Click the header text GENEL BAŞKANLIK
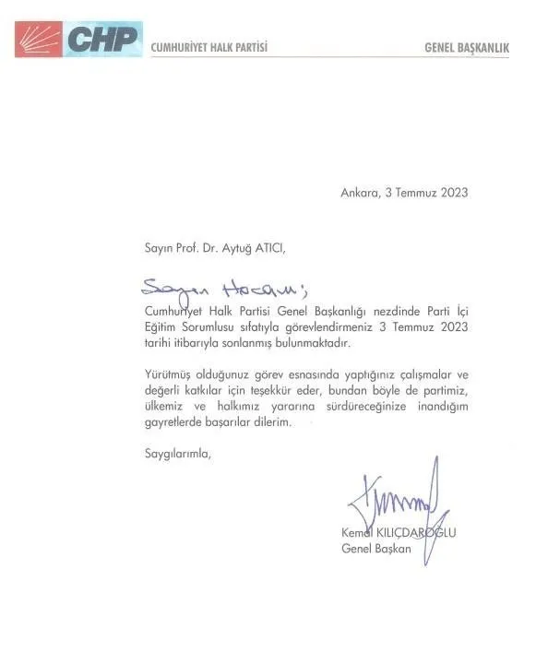pyautogui.click(x=466, y=47)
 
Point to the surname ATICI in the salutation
pyautogui.click(x=280, y=248)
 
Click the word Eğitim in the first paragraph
pyautogui.click(x=161, y=327)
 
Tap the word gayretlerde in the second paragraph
pyautogui.click(x=173, y=422)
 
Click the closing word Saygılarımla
pyautogui.click(x=176, y=453)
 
